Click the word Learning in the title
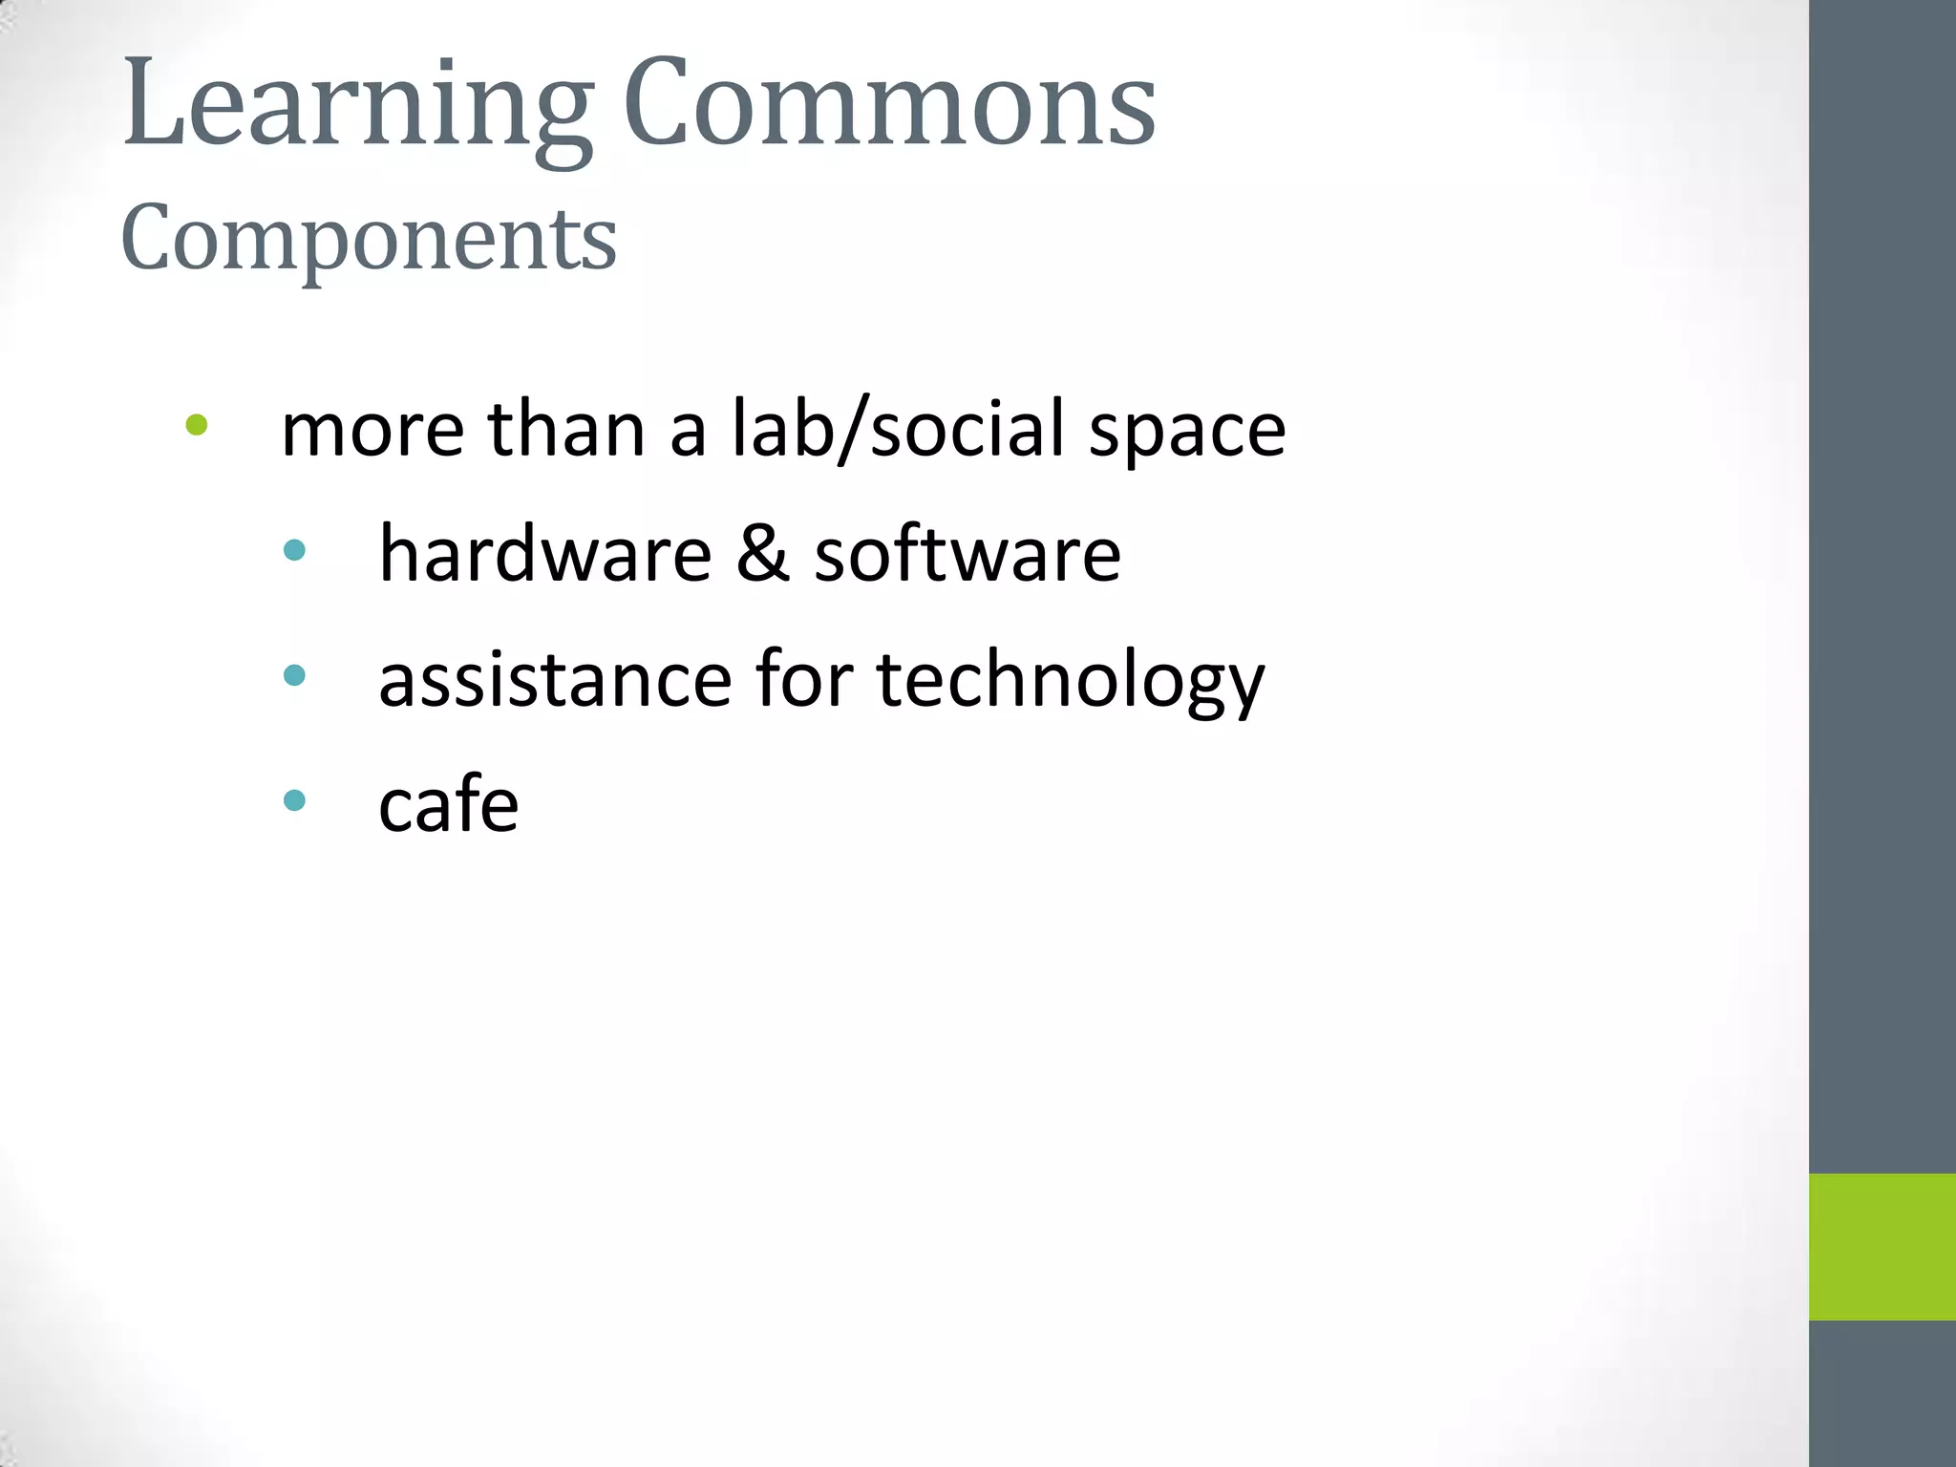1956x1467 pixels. (358, 105)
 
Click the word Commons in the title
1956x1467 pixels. (889, 103)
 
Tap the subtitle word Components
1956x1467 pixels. (369, 239)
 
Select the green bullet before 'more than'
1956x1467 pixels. (197, 425)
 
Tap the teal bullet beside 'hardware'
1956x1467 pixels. (295, 550)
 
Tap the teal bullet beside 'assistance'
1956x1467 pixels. (295, 676)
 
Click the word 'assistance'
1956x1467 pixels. (555, 680)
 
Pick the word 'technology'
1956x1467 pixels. (1070, 682)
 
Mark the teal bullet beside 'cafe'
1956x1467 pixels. (295, 800)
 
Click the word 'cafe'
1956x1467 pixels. (448, 804)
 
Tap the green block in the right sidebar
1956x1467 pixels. (1882, 1246)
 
